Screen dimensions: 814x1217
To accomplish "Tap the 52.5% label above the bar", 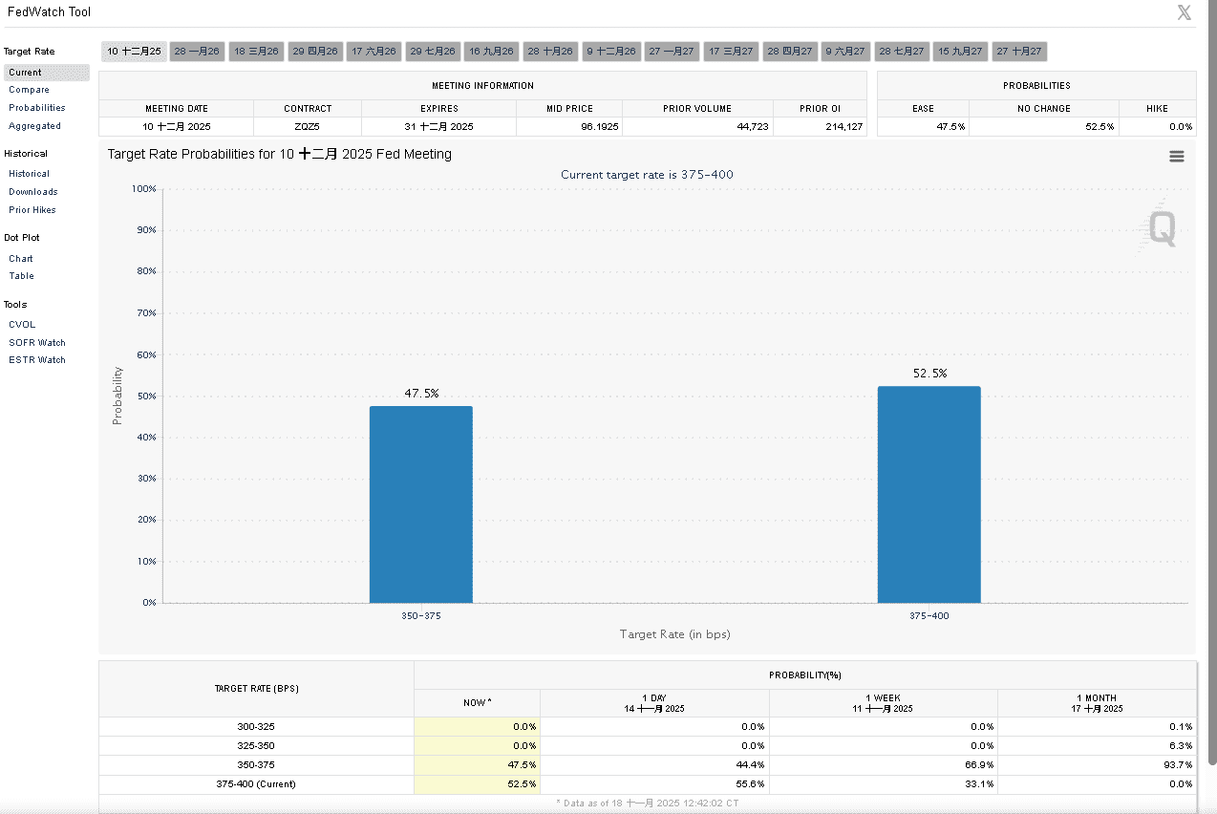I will pyautogui.click(x=929, y=374).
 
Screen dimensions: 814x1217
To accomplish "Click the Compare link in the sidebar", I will pyautogui.click(x=29, y=90).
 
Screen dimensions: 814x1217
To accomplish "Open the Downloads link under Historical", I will pyautogui.click(x=33, y=192).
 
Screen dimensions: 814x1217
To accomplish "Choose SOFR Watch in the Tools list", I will pyautogui.click(x=37, y=342).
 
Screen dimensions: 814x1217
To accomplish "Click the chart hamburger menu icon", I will pyautogui.click(x=1177, y=157).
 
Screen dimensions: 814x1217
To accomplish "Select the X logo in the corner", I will pyautogui.click(x=1185, y=12).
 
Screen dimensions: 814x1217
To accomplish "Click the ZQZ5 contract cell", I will pyautogui.click(x=308, y=126).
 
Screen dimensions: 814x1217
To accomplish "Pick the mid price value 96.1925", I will pyautogui.click(x=570, y=126).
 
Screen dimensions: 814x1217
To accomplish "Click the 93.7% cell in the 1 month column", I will pyautogui.click(x=1178, y=765).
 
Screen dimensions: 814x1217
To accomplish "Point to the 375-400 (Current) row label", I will pyautogui.click(x=256, y=784).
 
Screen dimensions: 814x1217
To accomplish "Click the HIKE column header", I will pyautogui.click(x=1157, y=109).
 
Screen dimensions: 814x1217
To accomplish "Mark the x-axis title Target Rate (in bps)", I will pyautogui.click(x=674, y=634).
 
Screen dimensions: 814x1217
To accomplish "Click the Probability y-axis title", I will pyautogui.click(x=117, y=396).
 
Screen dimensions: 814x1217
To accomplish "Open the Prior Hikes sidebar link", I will pyautogui.click(x=32, y=210).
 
